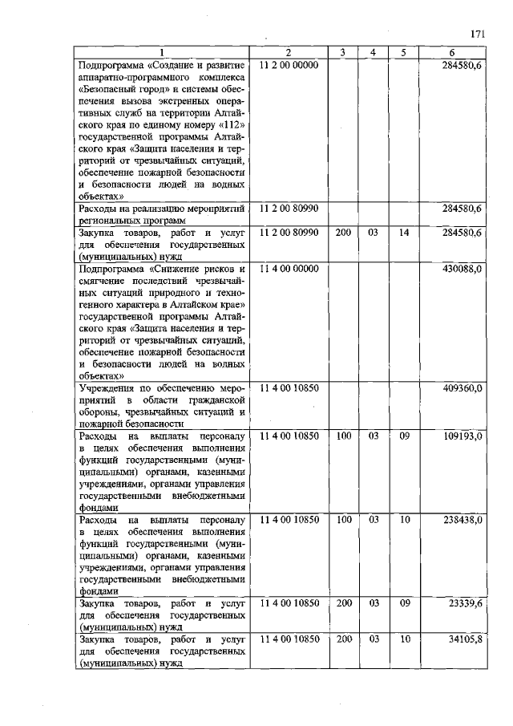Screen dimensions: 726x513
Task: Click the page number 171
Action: pyautogui.click(x=478, y=34)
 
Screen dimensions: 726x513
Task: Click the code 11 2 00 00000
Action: pyautogui.click(x=289, y=64)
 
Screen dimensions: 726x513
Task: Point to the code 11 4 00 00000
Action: pyautogui.click(x=289, y=269)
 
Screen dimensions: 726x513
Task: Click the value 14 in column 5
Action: pyautogui.click(x=404, y=233)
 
